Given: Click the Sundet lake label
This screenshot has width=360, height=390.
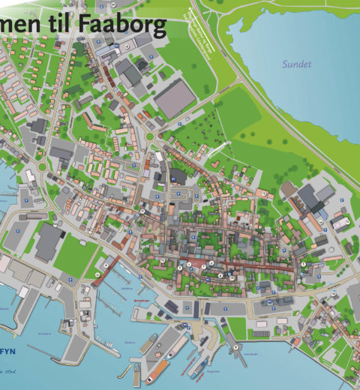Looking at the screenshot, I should point(295,64).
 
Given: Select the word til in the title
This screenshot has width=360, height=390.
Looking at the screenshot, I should point(62,26).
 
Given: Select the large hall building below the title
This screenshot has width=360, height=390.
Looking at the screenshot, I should point(175,98).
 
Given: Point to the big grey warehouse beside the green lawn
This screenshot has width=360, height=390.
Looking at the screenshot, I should point(49,241).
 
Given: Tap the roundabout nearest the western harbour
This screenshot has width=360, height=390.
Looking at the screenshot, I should point(42,166).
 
